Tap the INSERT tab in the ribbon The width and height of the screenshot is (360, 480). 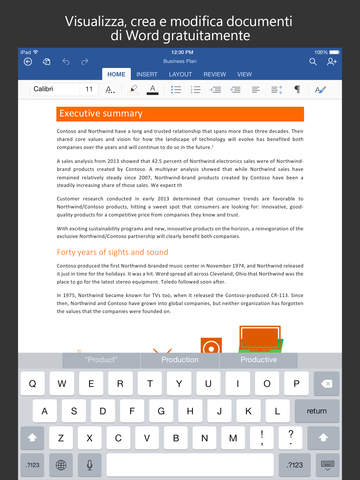coord(148,74)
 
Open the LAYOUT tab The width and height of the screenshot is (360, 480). coord(180,74)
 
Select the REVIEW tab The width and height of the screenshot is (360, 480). coord(213,74)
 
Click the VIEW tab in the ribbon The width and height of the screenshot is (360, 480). coord(244,74)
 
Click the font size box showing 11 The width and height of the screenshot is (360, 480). coord(89,89)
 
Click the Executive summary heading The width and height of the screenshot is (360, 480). coord(100,113)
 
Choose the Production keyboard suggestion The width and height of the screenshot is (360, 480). coord(180,359)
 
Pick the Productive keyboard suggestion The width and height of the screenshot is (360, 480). coord(259,359)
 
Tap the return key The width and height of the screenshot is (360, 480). coord(317,410)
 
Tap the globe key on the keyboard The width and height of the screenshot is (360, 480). coord(62,465)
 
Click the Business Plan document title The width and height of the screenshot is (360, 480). coord(181,61)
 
